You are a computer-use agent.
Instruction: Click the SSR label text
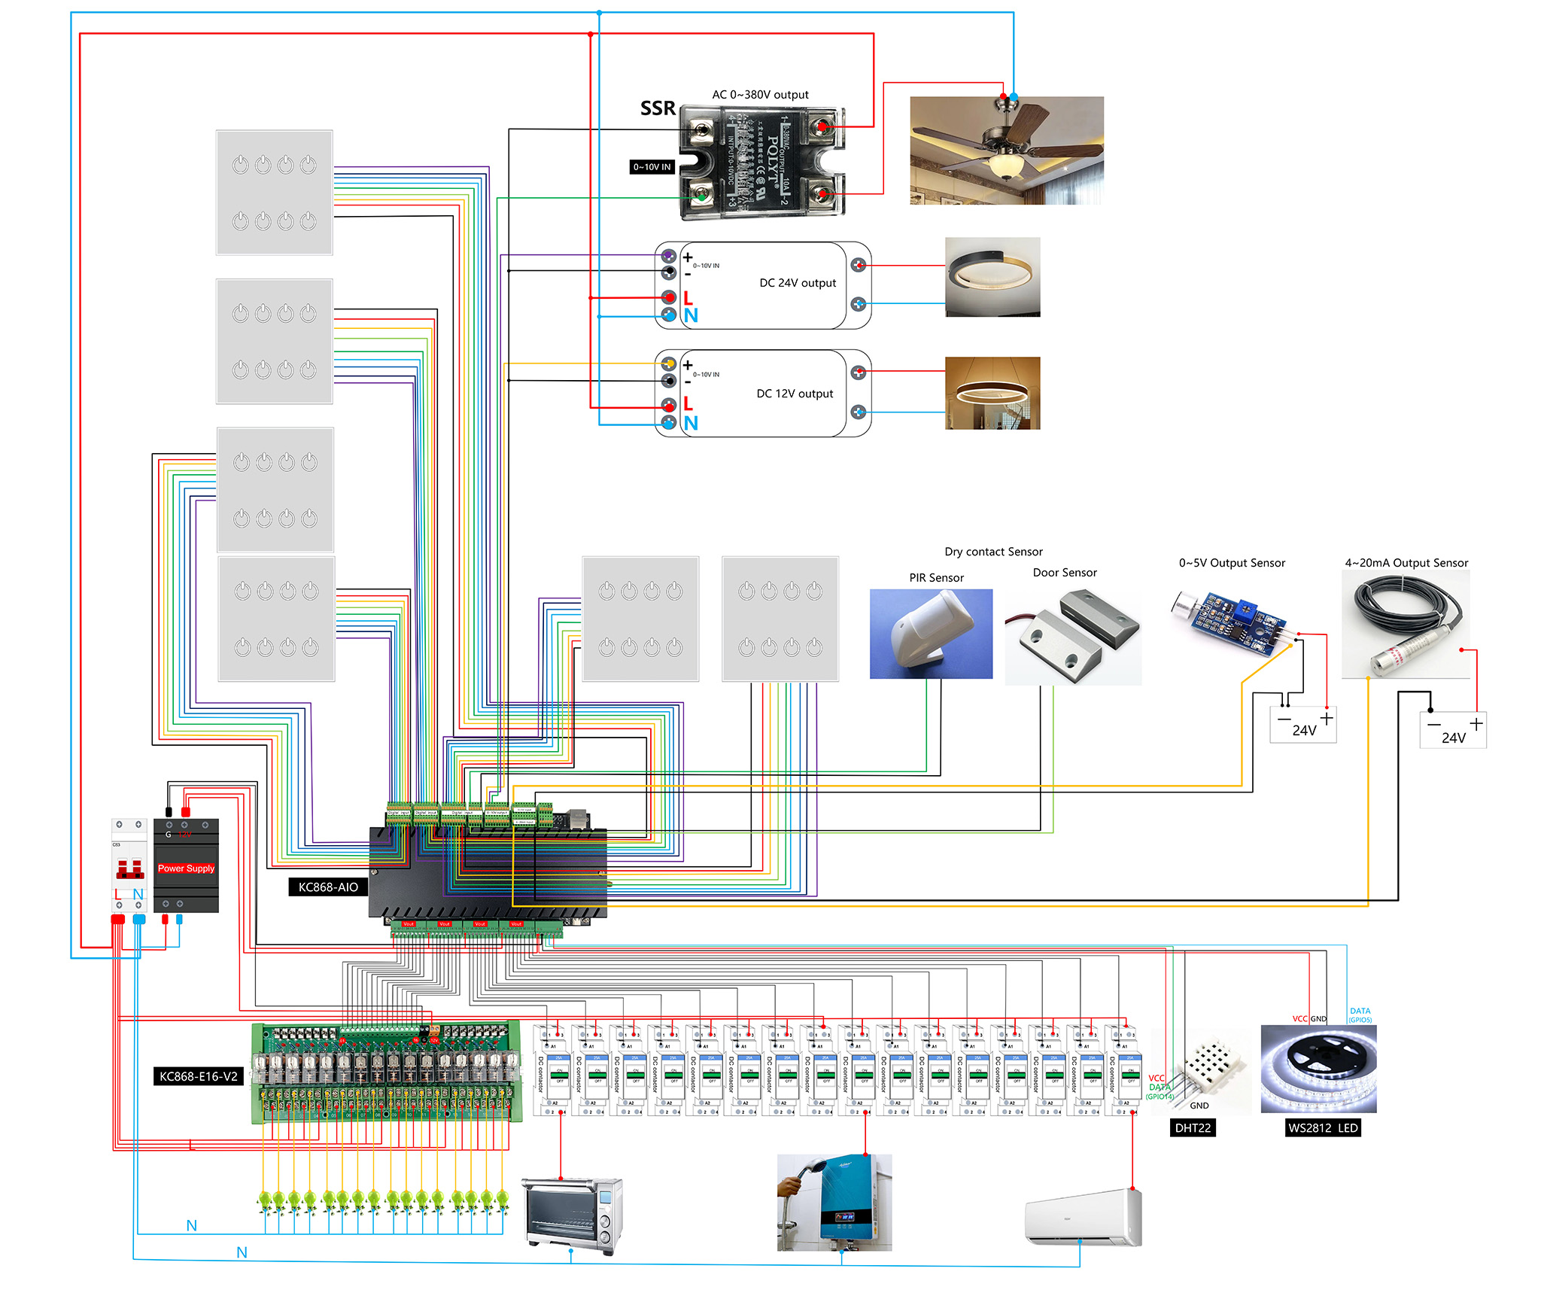coord(658,108)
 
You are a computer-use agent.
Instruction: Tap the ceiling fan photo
coord(1006,150)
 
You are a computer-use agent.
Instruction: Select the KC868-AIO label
coord(328,887)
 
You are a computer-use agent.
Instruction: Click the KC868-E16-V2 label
coord(198,1076)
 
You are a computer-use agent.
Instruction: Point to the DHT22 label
coord(1193,1128)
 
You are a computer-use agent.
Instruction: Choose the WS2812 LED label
coord(1323,1128)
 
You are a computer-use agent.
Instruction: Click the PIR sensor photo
coord(931,634)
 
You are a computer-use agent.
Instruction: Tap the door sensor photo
coord(1073,637)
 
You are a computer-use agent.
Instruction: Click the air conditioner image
coord(1084,1217)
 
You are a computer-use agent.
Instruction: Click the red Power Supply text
coord(186,868)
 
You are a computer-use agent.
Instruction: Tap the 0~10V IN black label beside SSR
coord(652,167)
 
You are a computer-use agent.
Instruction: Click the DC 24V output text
coord(798,283)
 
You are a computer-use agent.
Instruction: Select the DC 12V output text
coord(795,394)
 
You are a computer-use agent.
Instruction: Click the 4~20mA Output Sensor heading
coord(1406,563)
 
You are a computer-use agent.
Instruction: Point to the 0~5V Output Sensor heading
coord(1232,563)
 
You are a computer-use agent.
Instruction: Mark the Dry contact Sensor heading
coord(993,552)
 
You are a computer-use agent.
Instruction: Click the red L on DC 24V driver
coord(688,297)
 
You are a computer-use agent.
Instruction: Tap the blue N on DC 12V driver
coord(691,423)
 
